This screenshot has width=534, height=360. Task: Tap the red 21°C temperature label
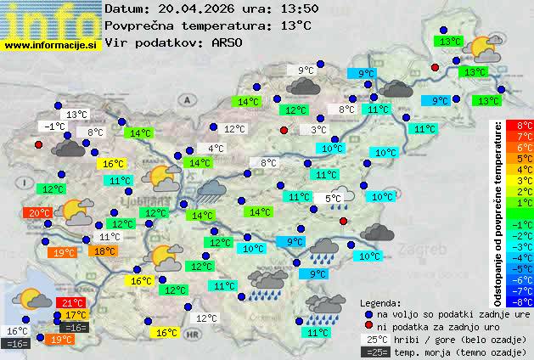click(x=71, y=302)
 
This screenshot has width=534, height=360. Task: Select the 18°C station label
click(x=104, y=251)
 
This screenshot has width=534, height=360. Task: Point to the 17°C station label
click(x=76, y=315)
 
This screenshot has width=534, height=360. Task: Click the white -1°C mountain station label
click(x=54, y=127)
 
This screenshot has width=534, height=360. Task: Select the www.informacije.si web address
click(x=51, y=45)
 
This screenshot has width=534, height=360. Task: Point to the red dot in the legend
click(x=367, y=326)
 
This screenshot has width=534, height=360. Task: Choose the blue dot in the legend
click(x=367, y=313)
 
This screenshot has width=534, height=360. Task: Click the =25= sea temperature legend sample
click(x=374, y=352)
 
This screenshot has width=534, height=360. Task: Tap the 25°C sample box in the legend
click(x=374, y=339)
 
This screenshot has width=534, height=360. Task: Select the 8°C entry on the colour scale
click(x=520, y=126)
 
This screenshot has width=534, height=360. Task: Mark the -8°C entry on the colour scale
click(x=520, y=301)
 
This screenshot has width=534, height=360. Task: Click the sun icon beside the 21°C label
click(x=35, y=298)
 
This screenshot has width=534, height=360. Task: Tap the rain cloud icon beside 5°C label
click(x=341, y=199)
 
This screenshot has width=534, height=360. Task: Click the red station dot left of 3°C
click(x=284, y=130)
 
